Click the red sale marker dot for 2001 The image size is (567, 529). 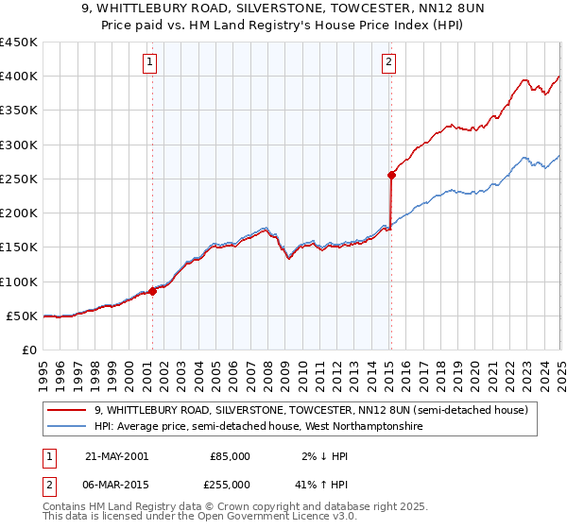click(152, 292)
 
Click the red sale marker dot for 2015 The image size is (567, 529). click(390, 175)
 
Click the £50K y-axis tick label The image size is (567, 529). click(23, 316)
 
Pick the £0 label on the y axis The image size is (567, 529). click(30, 350)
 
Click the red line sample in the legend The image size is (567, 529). click(66, 409)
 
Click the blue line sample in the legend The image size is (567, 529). click(66, 426)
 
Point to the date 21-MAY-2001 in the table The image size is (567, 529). click(116, 455)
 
